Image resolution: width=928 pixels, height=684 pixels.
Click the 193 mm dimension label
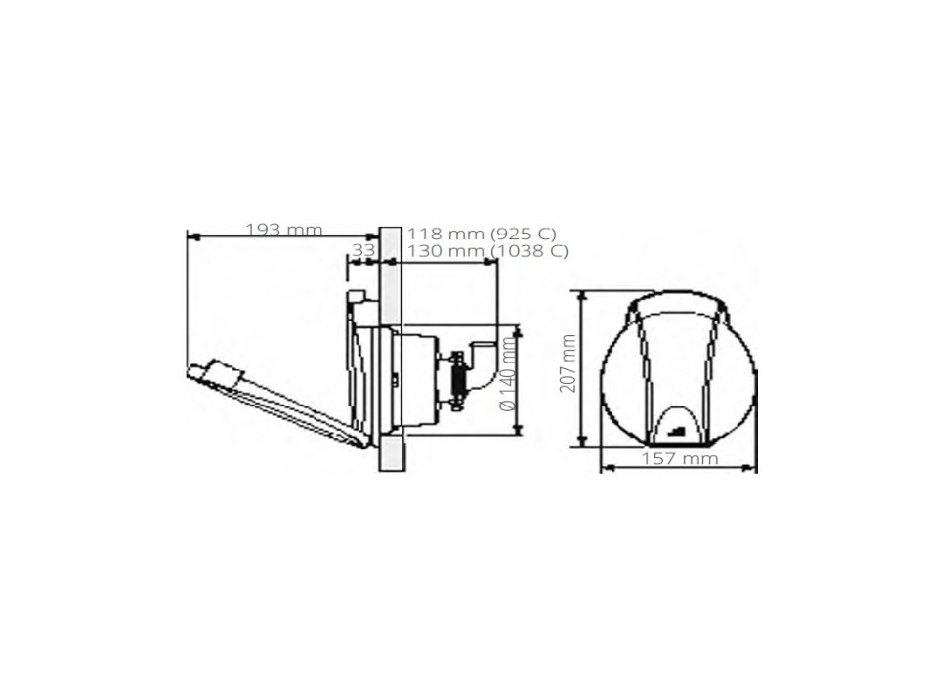283,230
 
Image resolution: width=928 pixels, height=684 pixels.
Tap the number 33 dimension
362,250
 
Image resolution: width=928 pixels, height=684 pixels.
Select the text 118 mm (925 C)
482,234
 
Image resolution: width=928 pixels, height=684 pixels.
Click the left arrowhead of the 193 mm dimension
190,236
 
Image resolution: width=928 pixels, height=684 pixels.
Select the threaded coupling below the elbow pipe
454,381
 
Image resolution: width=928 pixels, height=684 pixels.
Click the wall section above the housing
389,274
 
